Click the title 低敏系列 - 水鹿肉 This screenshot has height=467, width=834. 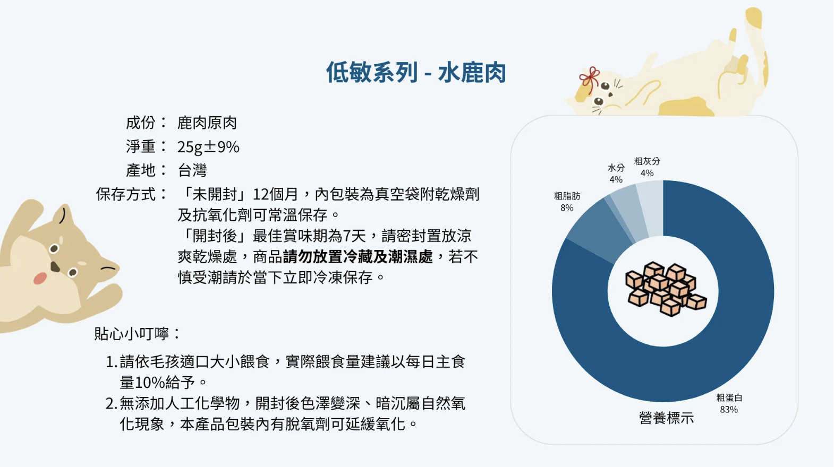pos(416,72)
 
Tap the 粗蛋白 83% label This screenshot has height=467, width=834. pos(729,403)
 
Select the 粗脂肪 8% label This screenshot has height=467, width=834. pos(567,202)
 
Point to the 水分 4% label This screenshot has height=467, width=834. pos(616,173)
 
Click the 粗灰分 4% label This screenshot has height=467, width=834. pos(646,167)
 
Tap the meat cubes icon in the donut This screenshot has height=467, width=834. pos(666,289)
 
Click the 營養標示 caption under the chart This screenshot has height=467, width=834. pos(666,418)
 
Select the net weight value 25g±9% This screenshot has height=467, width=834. pos(208,147)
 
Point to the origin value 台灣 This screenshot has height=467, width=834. pos(192,170)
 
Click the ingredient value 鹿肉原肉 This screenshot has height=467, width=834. pos(207,123)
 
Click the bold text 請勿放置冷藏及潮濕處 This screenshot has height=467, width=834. pos(358,256)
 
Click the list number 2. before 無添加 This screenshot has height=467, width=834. pos(112,403)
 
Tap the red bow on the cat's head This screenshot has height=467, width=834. pos(590,79)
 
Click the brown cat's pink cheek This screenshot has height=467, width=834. pos(40,278)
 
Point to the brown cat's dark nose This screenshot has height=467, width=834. pos(55,266)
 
